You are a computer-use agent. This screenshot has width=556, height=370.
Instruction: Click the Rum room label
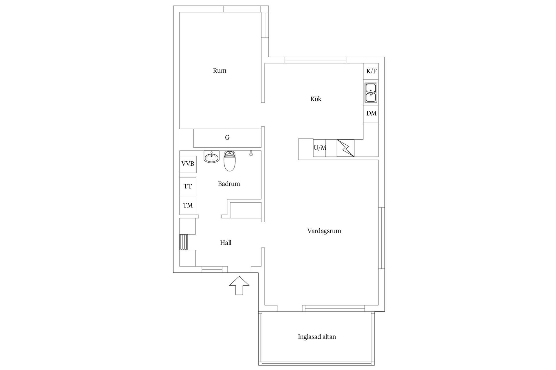point(220,71)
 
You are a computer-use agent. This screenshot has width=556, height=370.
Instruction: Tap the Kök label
point(316,99)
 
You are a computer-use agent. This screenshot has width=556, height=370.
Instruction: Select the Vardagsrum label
point(324,231)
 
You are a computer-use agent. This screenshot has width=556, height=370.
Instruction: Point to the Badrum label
point(229,184)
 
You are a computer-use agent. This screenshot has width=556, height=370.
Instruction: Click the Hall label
point(226,243)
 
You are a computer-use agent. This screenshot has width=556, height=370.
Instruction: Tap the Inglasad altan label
point(317,337)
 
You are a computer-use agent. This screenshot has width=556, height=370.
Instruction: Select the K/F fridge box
point(371,71)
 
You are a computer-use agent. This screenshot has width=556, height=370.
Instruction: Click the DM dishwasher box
point(371,113)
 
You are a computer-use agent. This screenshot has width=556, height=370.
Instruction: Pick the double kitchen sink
point(371,92)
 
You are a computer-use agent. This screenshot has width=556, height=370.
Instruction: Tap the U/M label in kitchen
point(320,148)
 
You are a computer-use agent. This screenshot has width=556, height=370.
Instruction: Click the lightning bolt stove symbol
point(345,148)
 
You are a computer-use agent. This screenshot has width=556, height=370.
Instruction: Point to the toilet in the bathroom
point(230,161)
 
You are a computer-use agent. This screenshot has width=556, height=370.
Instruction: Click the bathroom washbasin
point(211,157)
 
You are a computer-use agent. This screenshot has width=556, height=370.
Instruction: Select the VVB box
point(188,164)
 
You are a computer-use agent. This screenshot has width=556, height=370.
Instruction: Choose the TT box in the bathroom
point(188,186)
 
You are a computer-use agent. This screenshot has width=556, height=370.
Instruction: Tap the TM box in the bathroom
point(188,206)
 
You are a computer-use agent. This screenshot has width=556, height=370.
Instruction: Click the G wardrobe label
point(227,138)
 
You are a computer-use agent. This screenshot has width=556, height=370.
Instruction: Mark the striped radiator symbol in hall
point(184,242)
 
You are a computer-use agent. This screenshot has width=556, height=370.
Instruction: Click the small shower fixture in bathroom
point(251,153)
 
